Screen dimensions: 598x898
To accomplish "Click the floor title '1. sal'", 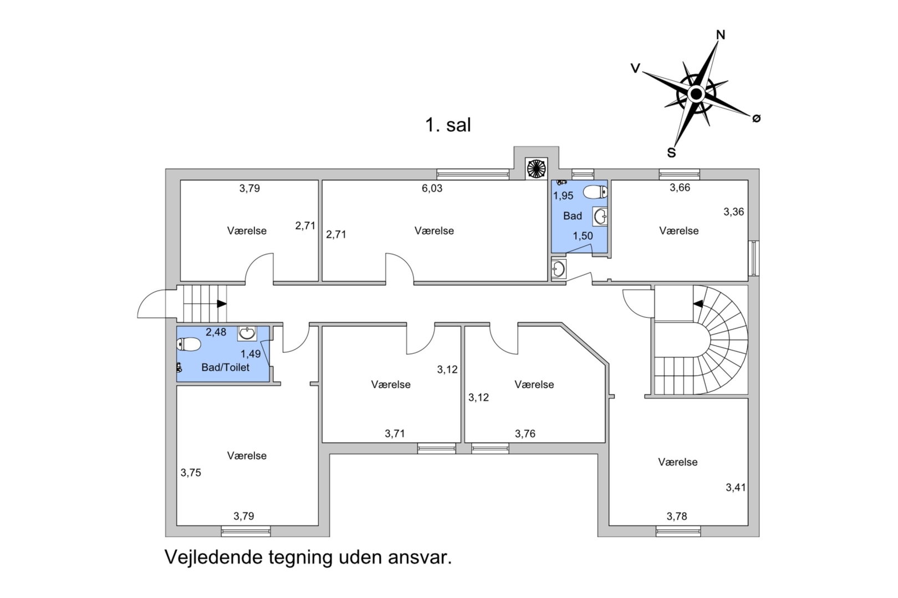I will coord(448,125).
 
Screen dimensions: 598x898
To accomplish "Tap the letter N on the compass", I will coord(721,35).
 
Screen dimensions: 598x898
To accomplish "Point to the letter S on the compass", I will coord(671,153).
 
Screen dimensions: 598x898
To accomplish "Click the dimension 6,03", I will coord(432,188).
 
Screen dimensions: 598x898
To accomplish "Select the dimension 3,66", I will coord(680,188).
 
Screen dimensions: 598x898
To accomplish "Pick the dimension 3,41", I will coord(736,487).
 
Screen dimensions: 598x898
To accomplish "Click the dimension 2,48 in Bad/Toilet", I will coord(216,332).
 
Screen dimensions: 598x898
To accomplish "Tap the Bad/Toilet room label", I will coord(225,367).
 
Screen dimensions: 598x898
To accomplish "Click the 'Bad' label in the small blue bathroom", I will coord(572,216).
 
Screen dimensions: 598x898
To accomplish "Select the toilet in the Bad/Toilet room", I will coord(189,344).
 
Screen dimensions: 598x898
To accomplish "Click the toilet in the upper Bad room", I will coord(595,192).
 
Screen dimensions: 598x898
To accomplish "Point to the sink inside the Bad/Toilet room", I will coord(247,333).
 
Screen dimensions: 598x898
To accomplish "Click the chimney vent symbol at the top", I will coord(536,168).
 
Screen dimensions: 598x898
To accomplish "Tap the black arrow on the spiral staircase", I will coord(698,303).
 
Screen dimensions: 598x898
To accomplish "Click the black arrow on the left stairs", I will coord(222,303).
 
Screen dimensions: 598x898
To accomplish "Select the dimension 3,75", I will coord(191,472).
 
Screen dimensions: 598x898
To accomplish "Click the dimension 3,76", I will coord(525,434).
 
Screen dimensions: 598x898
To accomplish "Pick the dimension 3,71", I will coord(395,434).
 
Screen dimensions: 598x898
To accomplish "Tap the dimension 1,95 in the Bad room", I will coord(563,195).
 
